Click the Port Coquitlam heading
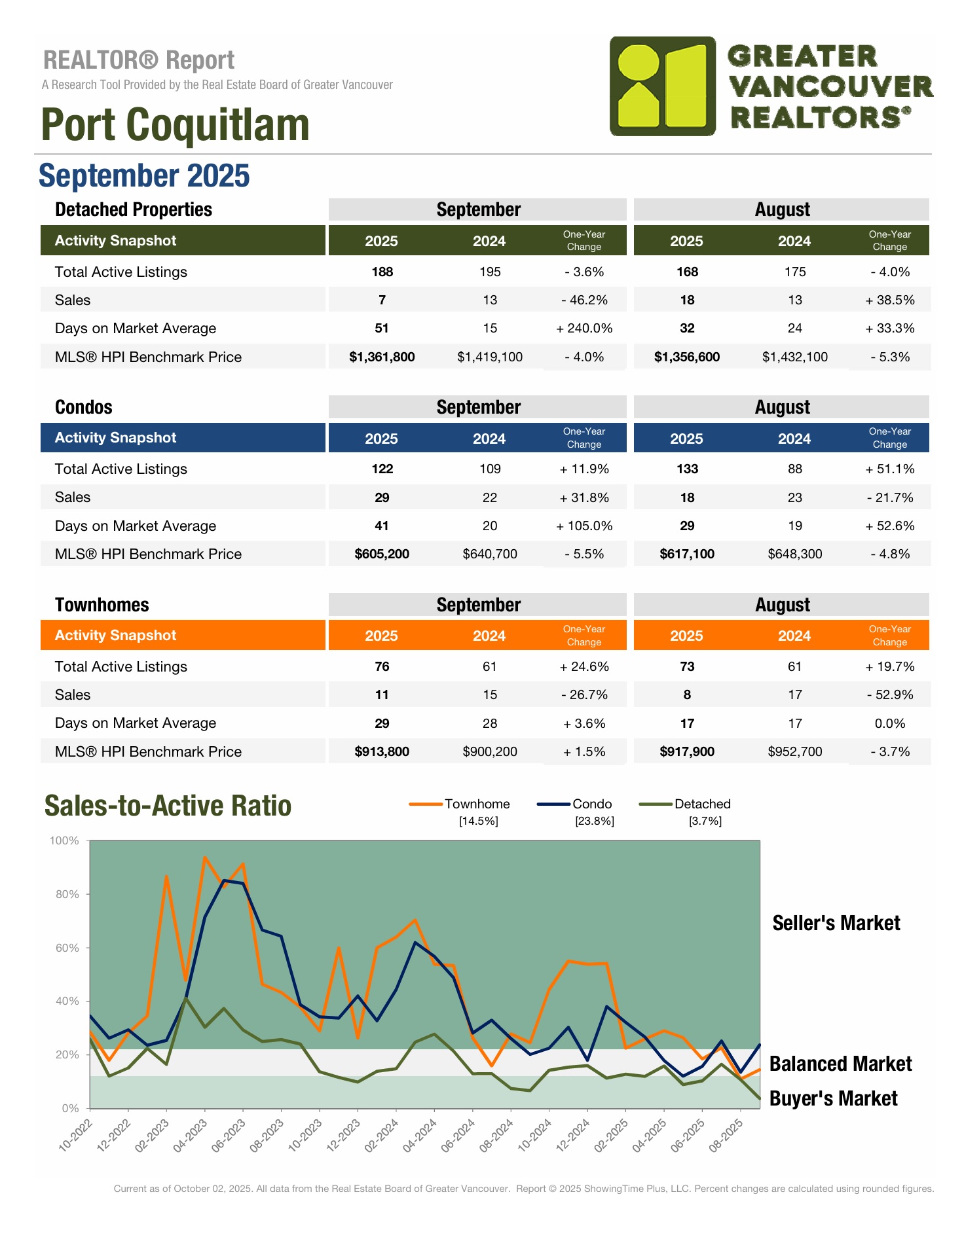175,125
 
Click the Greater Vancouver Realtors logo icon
663,86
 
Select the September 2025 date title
144,175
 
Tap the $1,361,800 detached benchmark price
382,357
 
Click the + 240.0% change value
584,329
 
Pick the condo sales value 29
382,497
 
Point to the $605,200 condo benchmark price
382,554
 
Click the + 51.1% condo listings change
889,469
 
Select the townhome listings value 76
382,666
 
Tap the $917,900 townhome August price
687,751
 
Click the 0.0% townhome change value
889,723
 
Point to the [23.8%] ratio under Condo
594,821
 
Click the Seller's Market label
836,923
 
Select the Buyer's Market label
833,1098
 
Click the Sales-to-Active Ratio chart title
168,806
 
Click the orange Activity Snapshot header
116,636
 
